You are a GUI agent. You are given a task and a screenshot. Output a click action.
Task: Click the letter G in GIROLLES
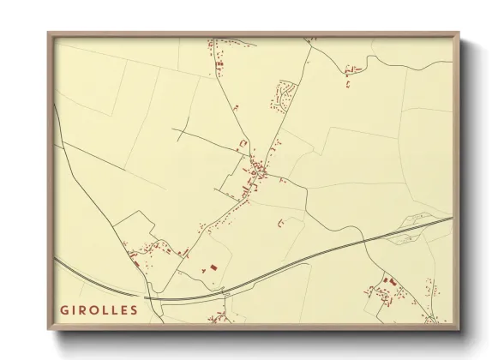[63, 309]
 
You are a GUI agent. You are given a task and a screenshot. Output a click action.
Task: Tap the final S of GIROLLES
[133, 309]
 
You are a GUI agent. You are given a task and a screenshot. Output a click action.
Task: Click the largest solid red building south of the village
[206, 268]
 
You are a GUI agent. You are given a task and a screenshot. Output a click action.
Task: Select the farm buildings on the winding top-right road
[349, 72]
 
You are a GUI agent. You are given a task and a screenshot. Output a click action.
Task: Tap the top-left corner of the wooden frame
[48, 33]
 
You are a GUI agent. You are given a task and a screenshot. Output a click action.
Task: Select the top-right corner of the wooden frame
[460, 33]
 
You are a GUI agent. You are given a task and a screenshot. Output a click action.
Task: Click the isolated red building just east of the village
[280, 222]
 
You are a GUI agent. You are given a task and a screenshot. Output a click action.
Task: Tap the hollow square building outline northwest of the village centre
[243, 142]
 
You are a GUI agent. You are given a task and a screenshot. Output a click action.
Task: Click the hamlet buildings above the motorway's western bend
[150, 249]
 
